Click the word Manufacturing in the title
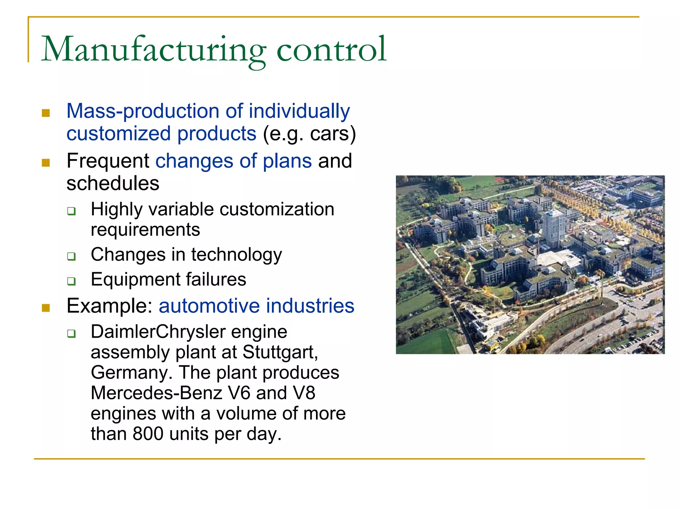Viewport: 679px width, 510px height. click(153, 50)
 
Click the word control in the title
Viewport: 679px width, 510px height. click(331, 50)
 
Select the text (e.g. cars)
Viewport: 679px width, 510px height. click(309, 134)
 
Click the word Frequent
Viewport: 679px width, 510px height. click(108, 161)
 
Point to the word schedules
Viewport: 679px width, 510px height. click(113, 184)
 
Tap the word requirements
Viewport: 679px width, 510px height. click(145, 230)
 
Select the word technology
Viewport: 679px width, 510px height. click(236, 255)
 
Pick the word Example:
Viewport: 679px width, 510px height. click(109, 306)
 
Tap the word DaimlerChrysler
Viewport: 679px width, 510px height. click(158, 332)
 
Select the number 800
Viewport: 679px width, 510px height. click(148, 434)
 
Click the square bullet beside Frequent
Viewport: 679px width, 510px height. click(46, 163)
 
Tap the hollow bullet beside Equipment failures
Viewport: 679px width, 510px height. click(71, 281)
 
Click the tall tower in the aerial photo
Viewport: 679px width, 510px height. click(553, 229)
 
